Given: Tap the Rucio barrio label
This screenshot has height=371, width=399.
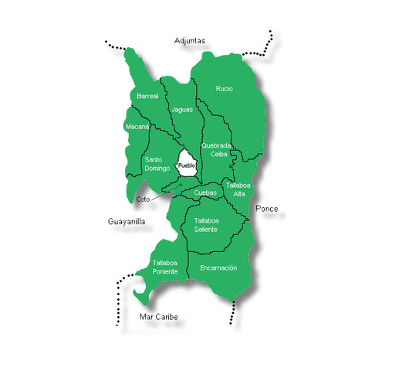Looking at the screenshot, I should pyautogui.click(x=224, y=89).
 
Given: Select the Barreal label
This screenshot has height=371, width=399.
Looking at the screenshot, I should pyautogui.click(x=147, y=97).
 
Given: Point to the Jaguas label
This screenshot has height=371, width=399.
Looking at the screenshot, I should pyautogui.click(x=182, y=110).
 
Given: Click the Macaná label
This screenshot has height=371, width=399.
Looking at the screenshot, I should pyautogui.click(x=137, y=126).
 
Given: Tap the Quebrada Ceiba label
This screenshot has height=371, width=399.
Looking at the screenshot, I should pyautogui.click(x=215, y=149).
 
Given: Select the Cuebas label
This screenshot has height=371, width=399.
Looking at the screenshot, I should pyautogui.click(x=205, y=192).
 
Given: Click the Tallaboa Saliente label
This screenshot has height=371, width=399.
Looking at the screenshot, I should pyautogui.click(x=205, y=225).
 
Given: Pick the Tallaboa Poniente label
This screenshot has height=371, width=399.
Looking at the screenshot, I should pyautogui.click(x=165, y=267).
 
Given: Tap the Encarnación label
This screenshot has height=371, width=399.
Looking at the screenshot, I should pyautogui.click(x=218, y=268).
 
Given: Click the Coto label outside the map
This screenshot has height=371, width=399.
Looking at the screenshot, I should pyautogui.click(x=142, y=199).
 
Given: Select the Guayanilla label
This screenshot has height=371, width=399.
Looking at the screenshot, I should pyautogui.click(x=126, y=222).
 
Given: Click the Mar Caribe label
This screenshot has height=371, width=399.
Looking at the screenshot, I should pyautogui.click(x=157, y=318).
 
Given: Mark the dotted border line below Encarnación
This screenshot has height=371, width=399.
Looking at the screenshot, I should pyautogui.click(x=232, y=313).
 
